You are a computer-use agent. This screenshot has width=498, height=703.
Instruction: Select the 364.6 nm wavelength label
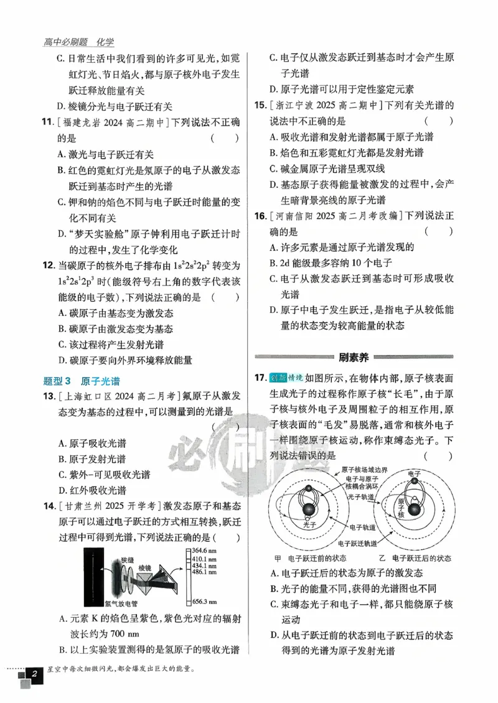[x=204, y=551]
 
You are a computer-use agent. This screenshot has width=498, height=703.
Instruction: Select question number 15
[x=260, y=105]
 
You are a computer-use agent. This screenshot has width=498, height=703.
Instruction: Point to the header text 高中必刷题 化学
[x=79, y=42]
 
